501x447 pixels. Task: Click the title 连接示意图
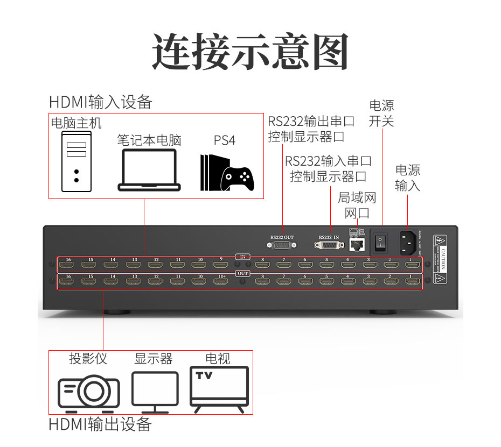click(250, 52)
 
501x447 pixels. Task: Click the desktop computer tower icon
click(76, 161)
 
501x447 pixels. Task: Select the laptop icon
click(149, 170)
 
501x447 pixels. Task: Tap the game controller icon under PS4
click(238, 178)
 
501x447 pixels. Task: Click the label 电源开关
click(381, 113)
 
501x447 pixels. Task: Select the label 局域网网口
click(357, 205)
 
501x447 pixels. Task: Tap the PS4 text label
click(225, 140)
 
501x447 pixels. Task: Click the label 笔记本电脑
click(149, 140)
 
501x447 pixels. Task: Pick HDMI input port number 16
click(68, 265)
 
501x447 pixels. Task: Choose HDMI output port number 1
click(412, 281)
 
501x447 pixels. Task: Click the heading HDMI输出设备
click(100, 424)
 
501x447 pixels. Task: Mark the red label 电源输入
click(407, 178)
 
